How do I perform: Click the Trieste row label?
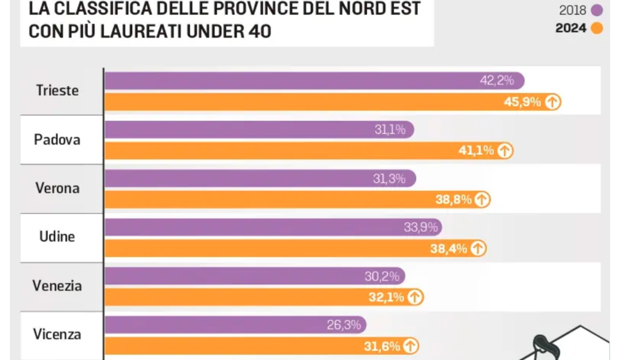pos(57,90)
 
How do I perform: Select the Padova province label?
pos(57,139)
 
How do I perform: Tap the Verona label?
pos(57,188)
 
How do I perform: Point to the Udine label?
pos(57,237)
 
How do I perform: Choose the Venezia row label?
pos(57,286)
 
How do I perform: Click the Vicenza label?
pos(57,335)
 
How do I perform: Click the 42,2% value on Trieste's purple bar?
pos(496,80)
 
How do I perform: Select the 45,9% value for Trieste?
pos(522,102)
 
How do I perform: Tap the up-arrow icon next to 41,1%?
pos(505,151)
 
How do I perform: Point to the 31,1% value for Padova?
pos(390,130)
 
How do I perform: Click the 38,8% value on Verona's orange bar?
pos(453,199)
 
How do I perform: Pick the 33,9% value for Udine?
pos(420,227)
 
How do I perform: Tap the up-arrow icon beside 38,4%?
pos(479,248)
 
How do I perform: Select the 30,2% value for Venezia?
pos(382,276)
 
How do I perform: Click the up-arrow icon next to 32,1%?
pos(415,297)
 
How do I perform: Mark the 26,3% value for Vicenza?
pos(343,325)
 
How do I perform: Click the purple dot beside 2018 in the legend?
pos(596,10)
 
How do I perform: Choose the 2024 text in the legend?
pos(571,28)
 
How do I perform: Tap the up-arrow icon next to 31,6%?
pos(411,346)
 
